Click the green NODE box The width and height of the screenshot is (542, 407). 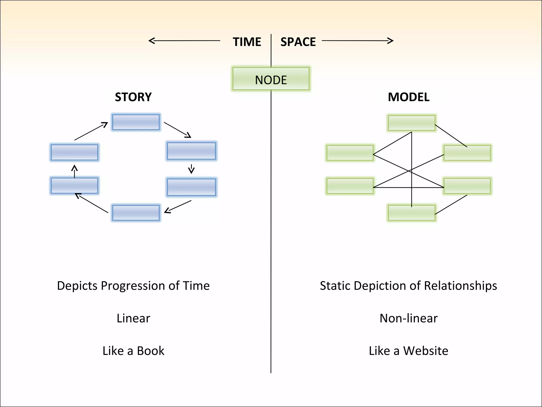(x=271, y=79)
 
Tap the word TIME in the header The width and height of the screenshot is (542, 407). (x=247, y=42)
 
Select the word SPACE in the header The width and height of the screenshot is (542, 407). (x=298, y=42)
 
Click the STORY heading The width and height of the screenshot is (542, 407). (x=133, y=97)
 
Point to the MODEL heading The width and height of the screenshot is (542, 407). (x=408, y=97)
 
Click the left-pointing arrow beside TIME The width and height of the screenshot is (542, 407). (x=184, y=41)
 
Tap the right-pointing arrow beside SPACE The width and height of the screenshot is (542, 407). (x=357, y=41)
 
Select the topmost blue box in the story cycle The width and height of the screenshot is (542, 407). (x=136, y=122)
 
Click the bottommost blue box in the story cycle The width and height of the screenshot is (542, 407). (x=136, y=213)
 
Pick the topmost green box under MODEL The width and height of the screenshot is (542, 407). (x=411, y=123)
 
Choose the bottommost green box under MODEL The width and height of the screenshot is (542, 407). (x=411, y=213)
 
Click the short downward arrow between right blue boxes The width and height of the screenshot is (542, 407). (x=191, y=169)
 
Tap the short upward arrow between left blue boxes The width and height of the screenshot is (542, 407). (x=75, y=171)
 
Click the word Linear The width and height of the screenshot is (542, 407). (x=133, y=318)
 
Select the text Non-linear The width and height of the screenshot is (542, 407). (x=408, y=318)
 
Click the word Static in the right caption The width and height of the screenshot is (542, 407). (x=335, y=286)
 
